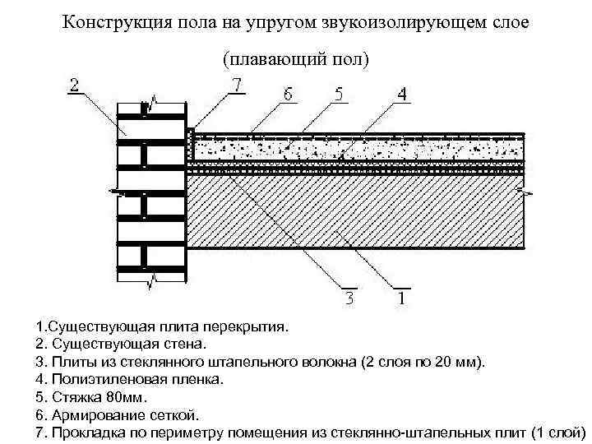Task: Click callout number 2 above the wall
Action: pos(75,85)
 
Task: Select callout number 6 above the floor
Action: pos(287,95)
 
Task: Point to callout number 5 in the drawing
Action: pos(338,95)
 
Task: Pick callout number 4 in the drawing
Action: pos(400,95)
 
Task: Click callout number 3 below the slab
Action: pos(349,297)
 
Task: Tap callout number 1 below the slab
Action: pos(400,297)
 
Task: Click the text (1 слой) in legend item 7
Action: pos(558,432)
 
